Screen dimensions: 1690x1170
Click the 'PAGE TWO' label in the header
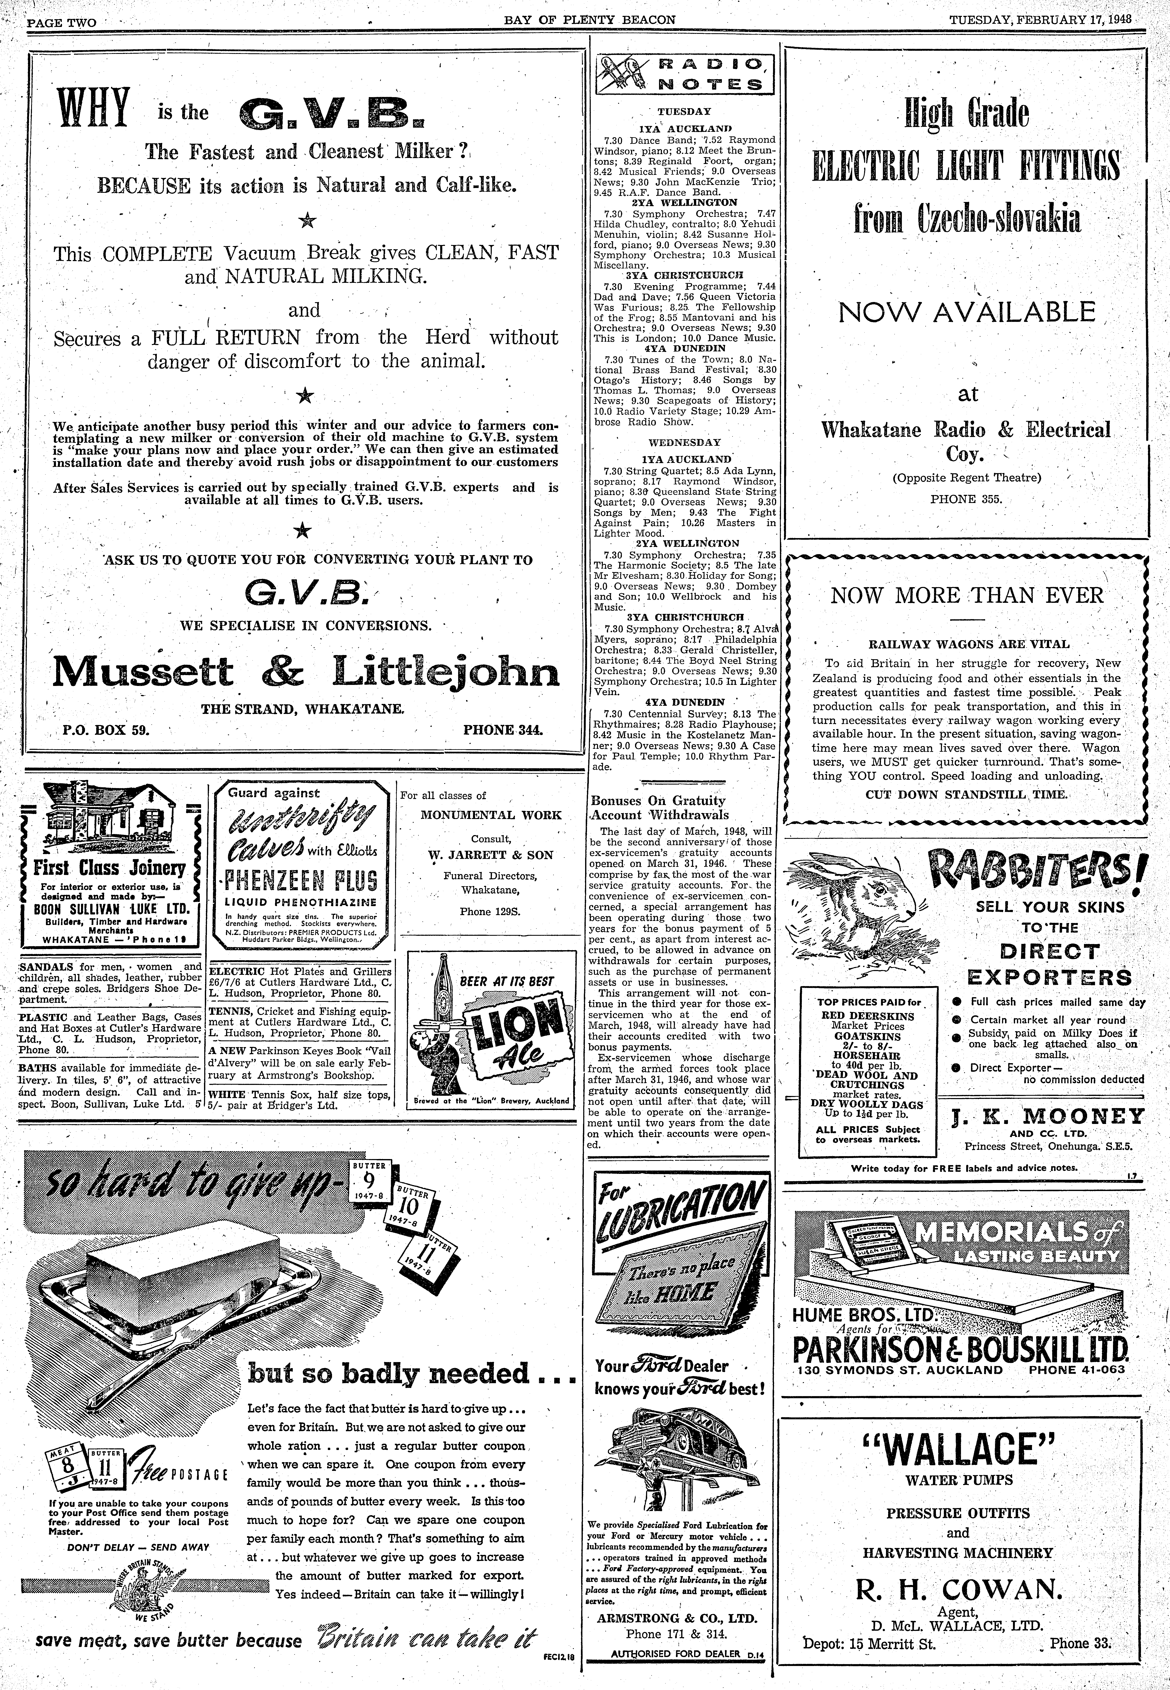(x=62, y=23)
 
